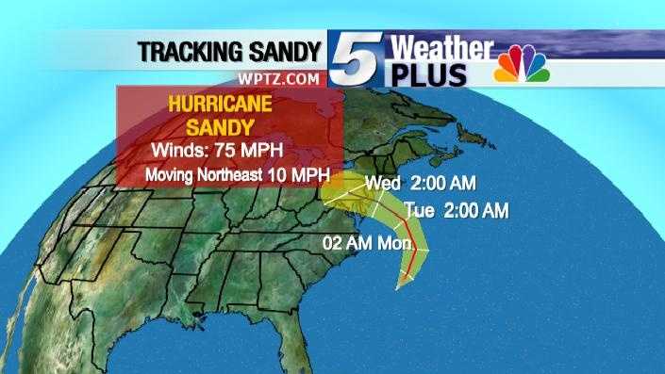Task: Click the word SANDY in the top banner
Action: click(x=280, y=53)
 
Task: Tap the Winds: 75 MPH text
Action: click(x=218, y=151)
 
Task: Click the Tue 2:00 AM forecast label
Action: click(x=457, y=208)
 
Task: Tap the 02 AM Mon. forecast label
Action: click(x=368, y=244)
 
